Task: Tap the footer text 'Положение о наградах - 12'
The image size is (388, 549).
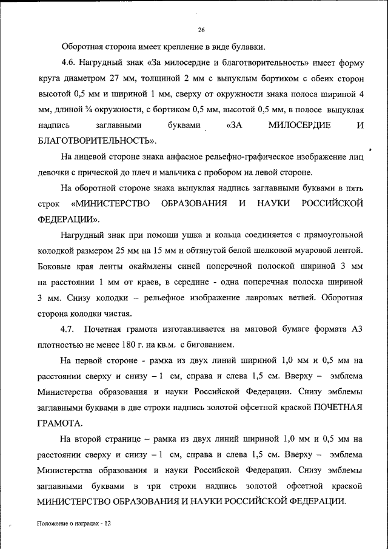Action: [73, 523]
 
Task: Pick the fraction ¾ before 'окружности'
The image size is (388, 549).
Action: [90, 110]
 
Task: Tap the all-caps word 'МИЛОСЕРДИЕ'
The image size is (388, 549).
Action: [299, 126]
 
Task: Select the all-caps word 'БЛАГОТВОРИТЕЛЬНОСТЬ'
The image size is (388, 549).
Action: [95, 141]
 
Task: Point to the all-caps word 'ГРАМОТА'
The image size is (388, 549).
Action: [61, 422]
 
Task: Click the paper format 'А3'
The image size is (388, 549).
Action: [356, 329]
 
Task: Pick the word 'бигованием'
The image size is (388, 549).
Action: [210, 345]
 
